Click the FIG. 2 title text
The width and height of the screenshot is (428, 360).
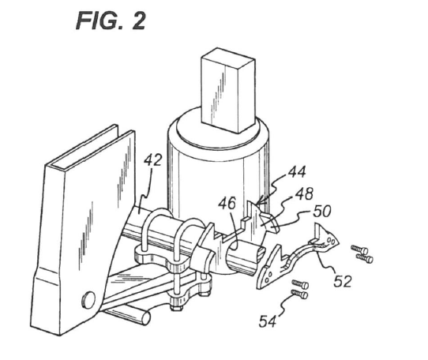point(111,21)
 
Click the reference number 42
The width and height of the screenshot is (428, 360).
point(152,160)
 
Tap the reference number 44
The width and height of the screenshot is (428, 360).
point(297,172)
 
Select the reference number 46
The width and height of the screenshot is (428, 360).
point(227,204)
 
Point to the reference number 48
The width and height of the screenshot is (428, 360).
point(303,193)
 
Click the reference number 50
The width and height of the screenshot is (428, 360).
point(322,212)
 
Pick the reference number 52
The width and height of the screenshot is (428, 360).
point(343,281)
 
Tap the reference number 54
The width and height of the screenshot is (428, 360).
point(268,321)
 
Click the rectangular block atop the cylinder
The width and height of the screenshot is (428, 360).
point(228,90)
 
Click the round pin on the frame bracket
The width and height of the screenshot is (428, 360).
point(88,299)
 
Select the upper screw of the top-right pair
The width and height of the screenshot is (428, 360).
point(359,249)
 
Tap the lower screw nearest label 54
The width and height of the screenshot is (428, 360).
point(299,294)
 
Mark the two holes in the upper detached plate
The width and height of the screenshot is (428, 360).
point(330,241)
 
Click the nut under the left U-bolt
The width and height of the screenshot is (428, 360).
point(178,308)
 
